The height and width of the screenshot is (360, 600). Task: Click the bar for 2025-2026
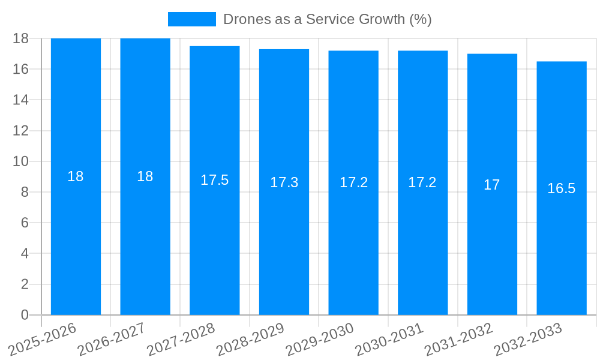click(76, 240)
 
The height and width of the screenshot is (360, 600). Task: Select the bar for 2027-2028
click(215, 240)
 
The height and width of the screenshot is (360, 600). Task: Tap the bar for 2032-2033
click(562, 252)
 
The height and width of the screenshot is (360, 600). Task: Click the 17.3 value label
click(284, 183)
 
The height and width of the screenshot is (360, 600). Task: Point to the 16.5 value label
click(562, 188)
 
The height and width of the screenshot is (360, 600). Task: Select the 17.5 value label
click(215, 180)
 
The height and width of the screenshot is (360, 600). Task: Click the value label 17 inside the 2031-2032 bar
click(492, 185)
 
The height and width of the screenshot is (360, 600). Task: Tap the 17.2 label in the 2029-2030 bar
click(353, 183)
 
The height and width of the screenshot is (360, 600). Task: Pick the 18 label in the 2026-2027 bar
click(145, 176)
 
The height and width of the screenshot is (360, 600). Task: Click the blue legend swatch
click(191, 19)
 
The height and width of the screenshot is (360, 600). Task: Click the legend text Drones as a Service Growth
click(328, 19)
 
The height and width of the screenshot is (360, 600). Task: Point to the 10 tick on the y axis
click(20, 161)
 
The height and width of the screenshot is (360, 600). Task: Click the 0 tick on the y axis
click(25, 315)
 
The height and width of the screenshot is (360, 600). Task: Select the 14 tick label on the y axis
click(20, 100)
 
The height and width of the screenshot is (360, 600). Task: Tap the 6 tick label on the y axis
click(25, 223)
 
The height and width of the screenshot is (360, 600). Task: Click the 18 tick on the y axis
click(20, 38)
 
